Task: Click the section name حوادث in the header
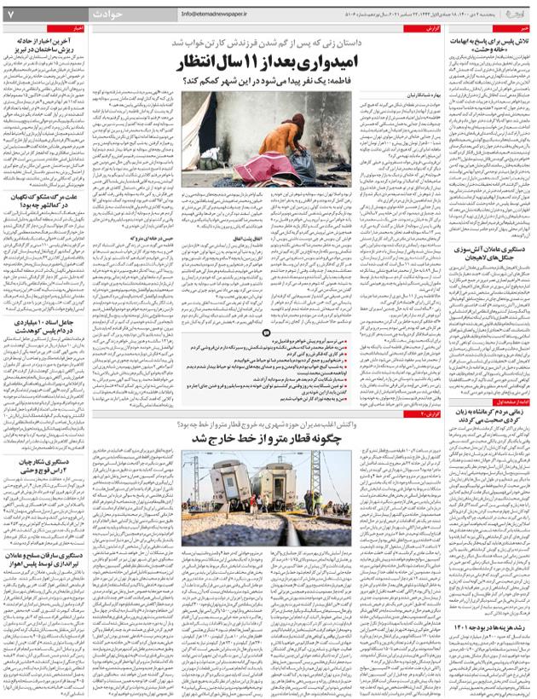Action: [x=108, y=14]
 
